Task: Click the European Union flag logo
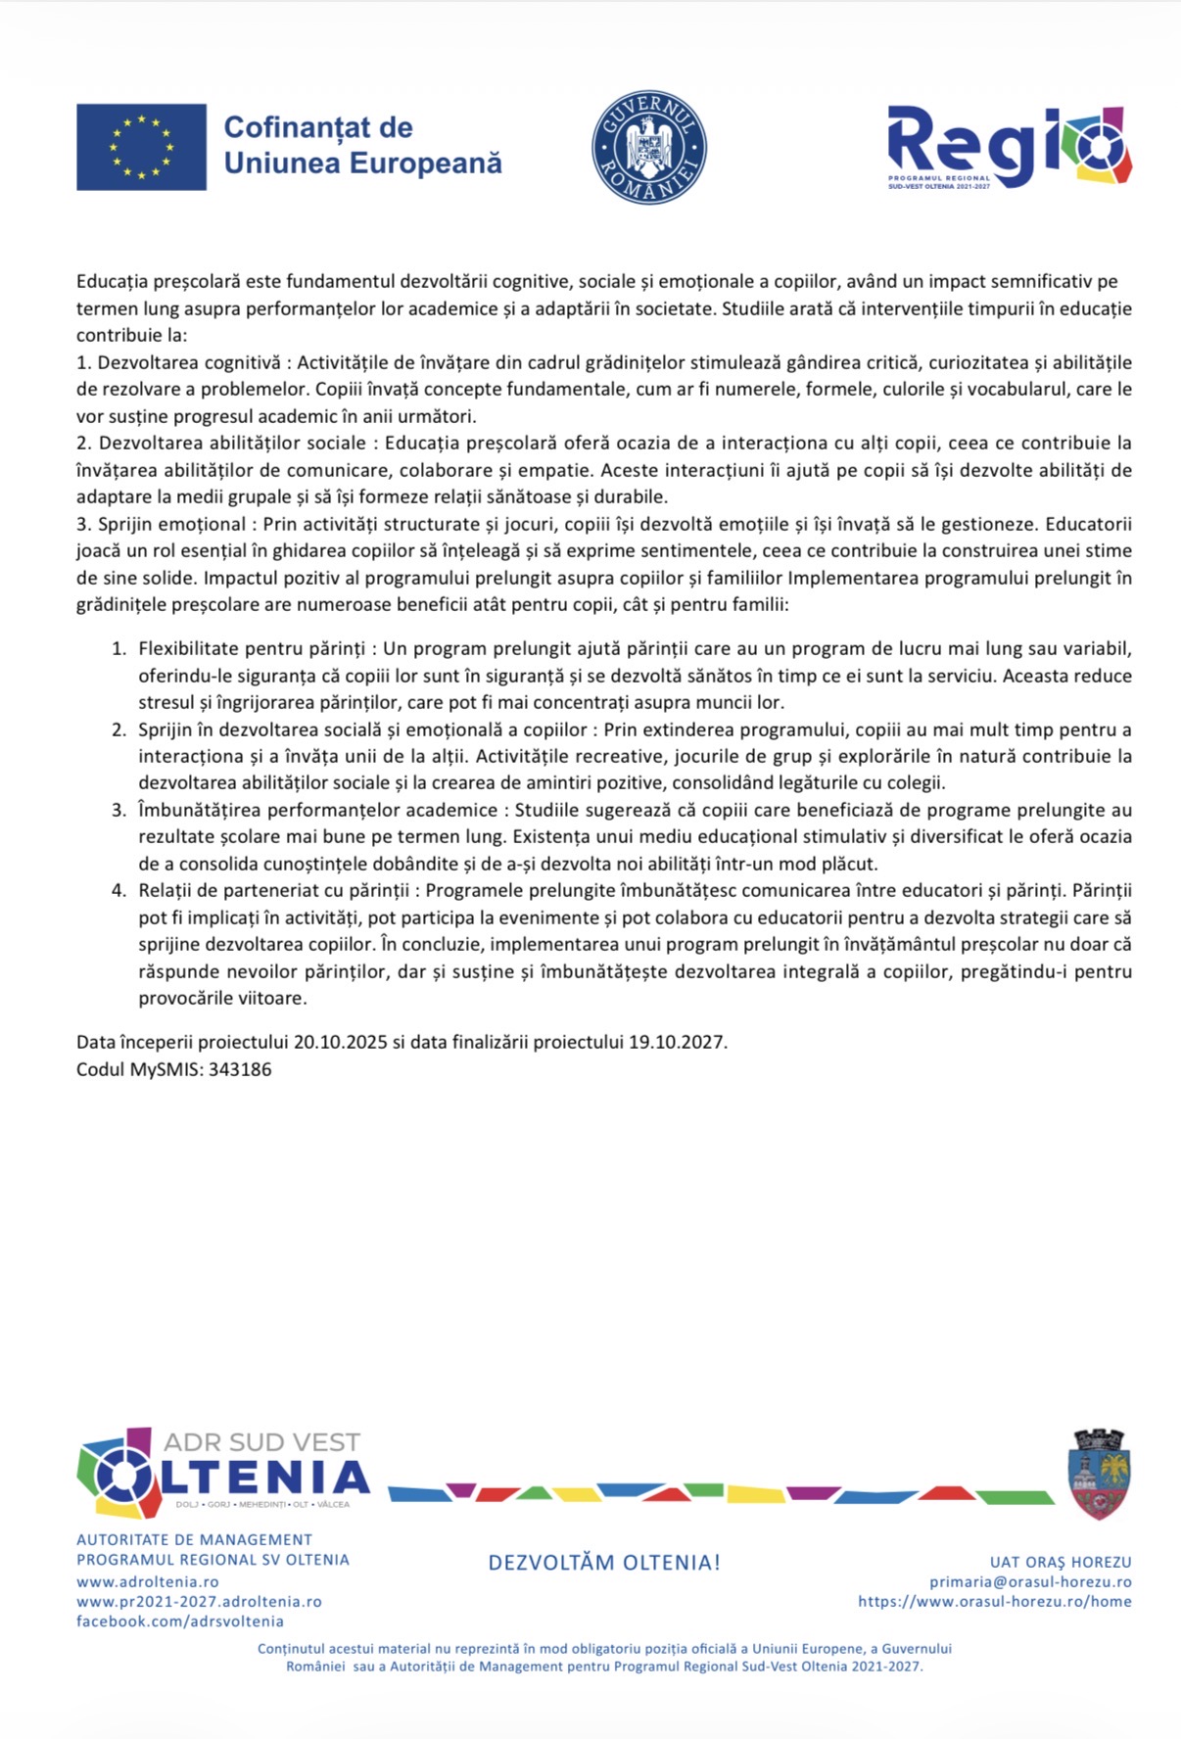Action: [141, 147]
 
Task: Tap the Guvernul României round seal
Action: [648, 148]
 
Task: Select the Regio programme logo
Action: [1009, 147]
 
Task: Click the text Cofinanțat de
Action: [318, 127]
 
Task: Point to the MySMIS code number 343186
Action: [240, 1069]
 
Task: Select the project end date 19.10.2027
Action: [676, 1042]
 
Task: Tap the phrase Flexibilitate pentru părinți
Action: [252, 648]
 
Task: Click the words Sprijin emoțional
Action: [172, 524]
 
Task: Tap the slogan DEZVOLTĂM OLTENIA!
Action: [604, 1563]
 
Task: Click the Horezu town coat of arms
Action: [1099, 1474]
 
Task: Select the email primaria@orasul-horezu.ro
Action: [1030, 1582]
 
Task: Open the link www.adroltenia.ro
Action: [148, 1582]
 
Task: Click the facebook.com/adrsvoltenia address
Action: [180, 1621]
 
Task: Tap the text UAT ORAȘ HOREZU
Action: [1061, 1563]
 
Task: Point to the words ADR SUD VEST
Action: [261, 1441]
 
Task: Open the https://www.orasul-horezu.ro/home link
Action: [995, 1602]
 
